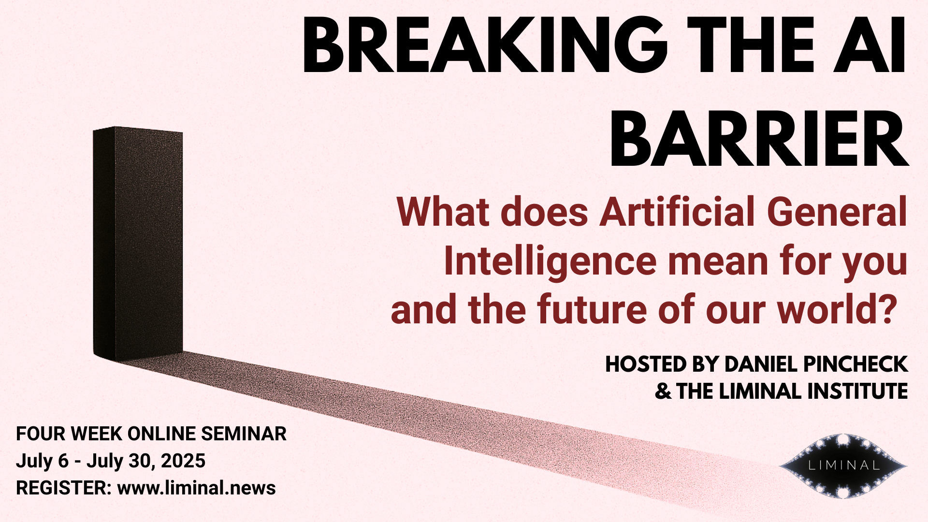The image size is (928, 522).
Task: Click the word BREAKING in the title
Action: [x=484, y=46]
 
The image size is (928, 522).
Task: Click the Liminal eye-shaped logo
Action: [x=843, y=466]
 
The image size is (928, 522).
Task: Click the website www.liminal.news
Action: [x=196, y=488]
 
